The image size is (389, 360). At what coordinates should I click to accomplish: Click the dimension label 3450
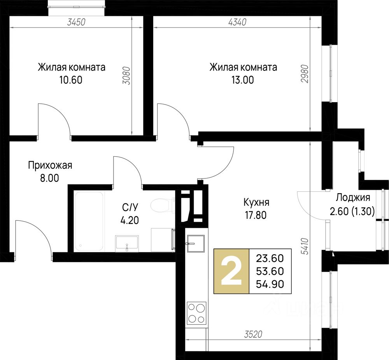point(76,22)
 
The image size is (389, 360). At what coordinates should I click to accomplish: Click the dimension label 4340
point(237,22)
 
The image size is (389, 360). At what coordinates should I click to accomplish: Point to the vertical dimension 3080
point(127,75)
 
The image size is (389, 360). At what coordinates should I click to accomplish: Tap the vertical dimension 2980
point(305,74)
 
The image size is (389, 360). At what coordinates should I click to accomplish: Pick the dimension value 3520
point(253,334)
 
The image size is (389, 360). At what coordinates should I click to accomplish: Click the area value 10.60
point(71,80)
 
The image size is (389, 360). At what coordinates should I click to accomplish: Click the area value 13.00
point(243,80)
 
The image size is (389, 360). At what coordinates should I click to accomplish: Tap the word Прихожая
point(50,165)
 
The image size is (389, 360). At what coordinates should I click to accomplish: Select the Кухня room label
point(256,202)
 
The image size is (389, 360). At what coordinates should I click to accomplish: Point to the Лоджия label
point(353,197)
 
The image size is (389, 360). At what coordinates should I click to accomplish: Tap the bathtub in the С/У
point(89,221)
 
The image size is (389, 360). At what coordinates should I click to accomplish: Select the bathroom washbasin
point(126,243)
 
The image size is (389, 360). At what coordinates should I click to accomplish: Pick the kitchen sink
point(196,243)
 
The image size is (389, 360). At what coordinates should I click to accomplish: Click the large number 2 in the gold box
point(231,271)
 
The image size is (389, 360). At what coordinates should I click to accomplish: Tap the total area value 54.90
point(270,284)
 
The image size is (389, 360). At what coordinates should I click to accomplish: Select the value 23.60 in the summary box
point(270,259)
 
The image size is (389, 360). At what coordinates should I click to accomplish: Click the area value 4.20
point(130,220)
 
